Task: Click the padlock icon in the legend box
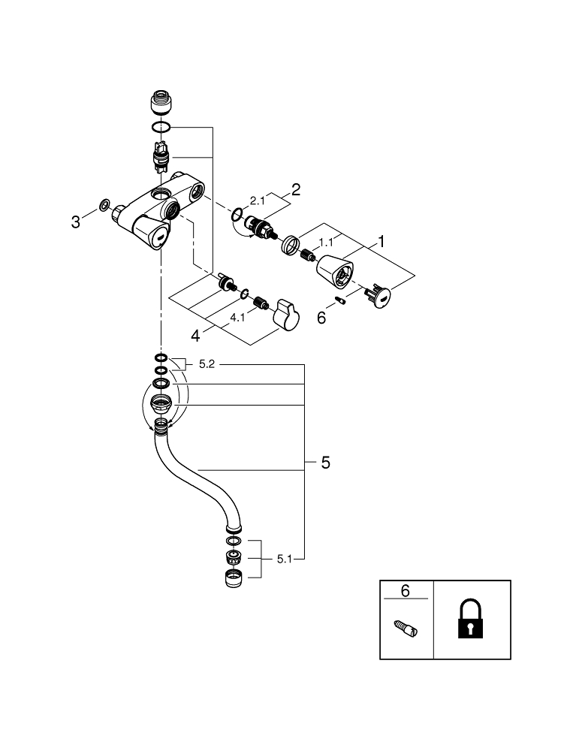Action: (x=471, y=620)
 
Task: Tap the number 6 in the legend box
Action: (x=406, y=590)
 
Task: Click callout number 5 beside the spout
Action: (x=325, y=463)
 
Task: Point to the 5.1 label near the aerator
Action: (x=285, y=559)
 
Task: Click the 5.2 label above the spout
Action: (x=207, y=364)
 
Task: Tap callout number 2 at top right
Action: (x=296, y=189)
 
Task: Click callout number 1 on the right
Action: (x=381, y=242)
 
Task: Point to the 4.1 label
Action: (x=237, y=318)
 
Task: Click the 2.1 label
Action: (x=258, y=201)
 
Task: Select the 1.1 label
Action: (x=326, y=243)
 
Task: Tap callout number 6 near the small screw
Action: (x=321, y=318)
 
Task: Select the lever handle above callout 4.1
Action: (x=285, y=314)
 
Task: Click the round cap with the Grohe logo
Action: (x=379, y=297)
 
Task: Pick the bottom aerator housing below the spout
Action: (x=234, y=578)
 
